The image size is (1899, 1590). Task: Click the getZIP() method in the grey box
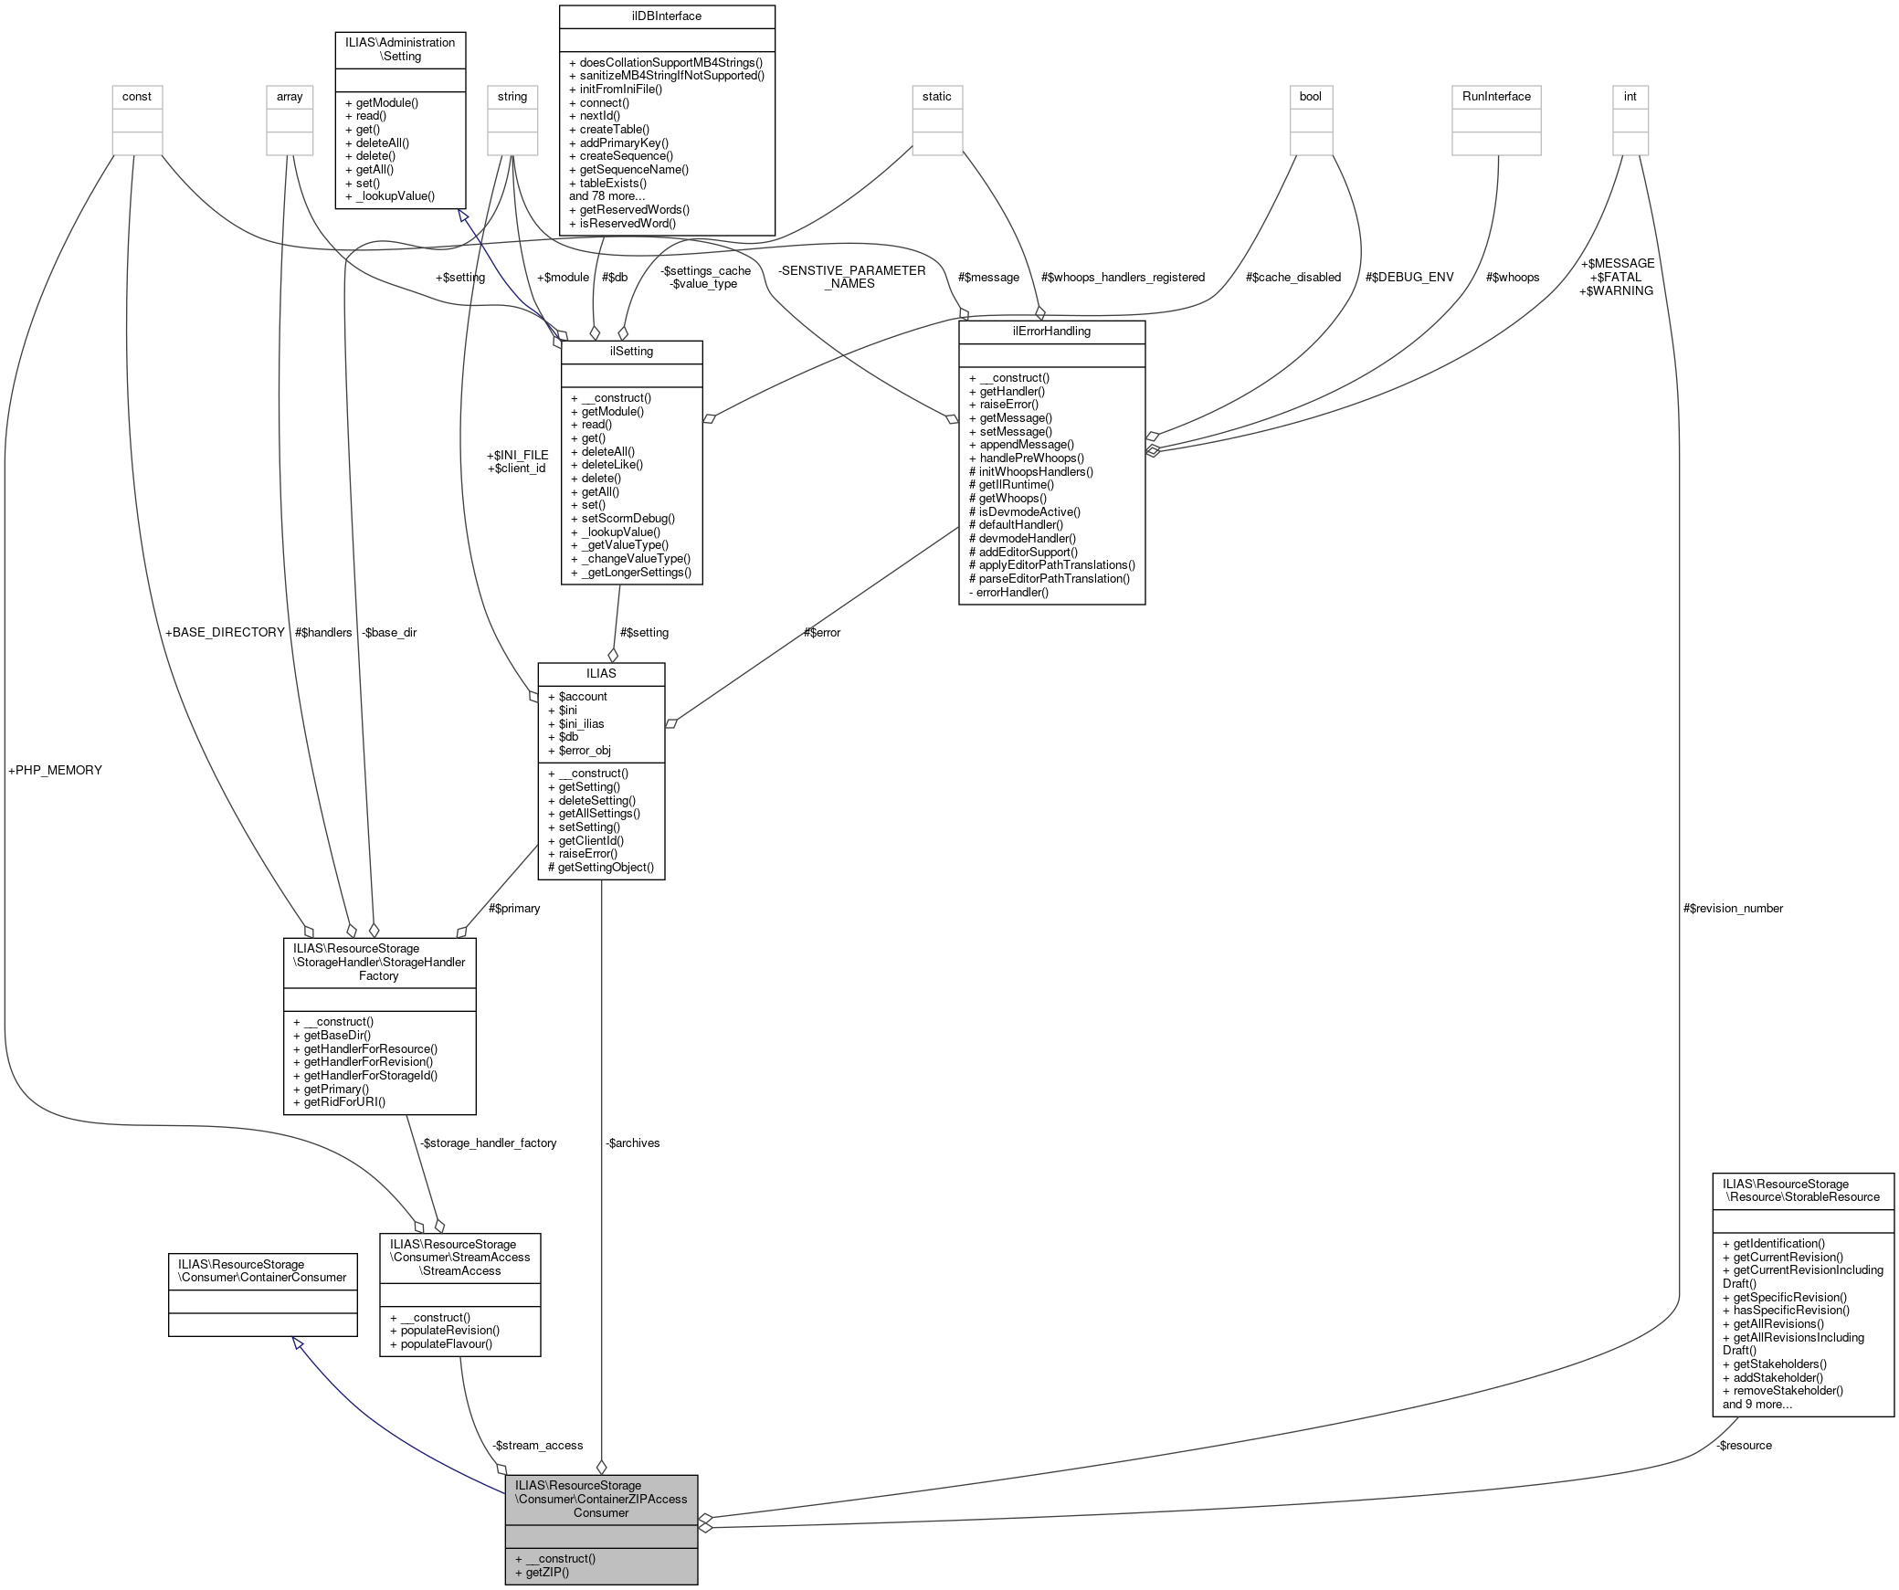pos(542,1572)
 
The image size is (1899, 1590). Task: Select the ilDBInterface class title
pos(666,16)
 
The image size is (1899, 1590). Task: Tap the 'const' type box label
pos(137,97)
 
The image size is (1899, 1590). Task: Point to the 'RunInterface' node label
pos(1496,97)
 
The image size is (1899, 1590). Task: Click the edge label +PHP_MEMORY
pos(55,770)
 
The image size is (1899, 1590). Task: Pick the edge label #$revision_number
pos(1733,908)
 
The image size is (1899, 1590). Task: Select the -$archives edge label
pos(632,1142)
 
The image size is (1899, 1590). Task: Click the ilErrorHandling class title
pos(1051,332)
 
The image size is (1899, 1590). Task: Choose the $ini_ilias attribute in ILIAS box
pos(575,723)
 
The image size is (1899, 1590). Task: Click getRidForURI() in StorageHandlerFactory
pos(340,1101)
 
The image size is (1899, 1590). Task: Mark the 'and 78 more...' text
pos(607,196)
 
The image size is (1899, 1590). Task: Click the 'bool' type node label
pos(1311,97)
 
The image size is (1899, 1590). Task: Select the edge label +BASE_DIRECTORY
pos(225,632)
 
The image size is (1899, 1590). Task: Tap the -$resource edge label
pos(1744,1445)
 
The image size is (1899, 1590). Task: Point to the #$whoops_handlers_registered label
pos(1123,277)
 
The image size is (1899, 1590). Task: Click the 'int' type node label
pos(1630,97)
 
